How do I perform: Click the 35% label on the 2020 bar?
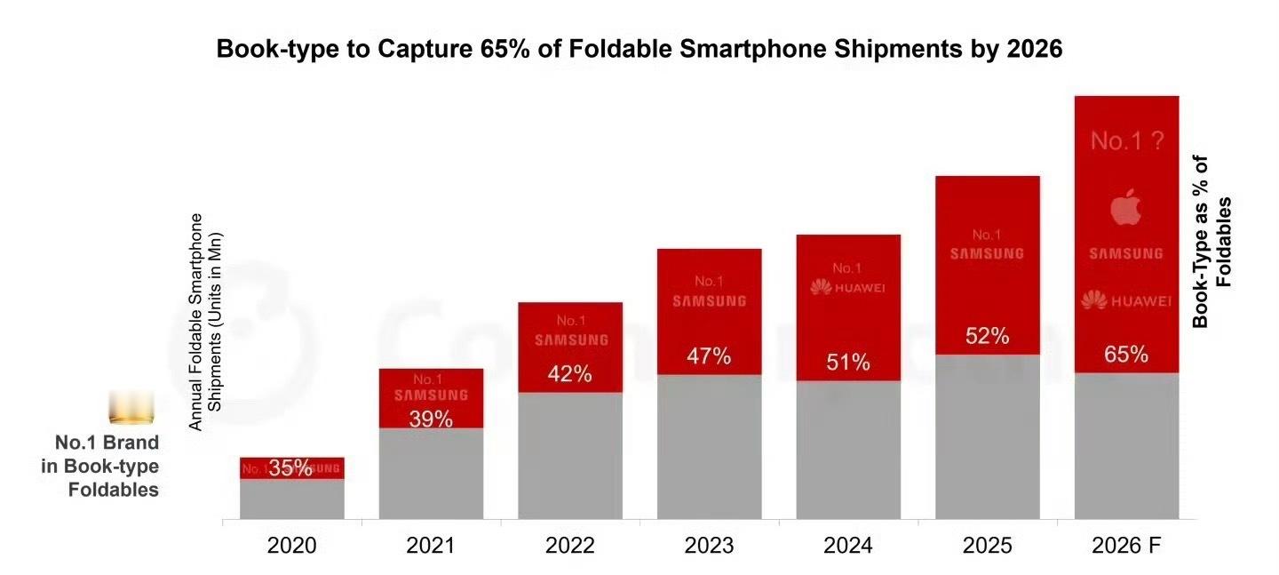point(290,468)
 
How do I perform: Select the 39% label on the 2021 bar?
point(431,419)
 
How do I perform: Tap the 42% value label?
point(569,374)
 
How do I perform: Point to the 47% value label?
point(709,356)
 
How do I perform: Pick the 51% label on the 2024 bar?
point(848,363)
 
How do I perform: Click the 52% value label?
point(987,337)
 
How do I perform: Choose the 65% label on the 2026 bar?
point(1126,355)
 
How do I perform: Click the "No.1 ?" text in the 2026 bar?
point(1126,140)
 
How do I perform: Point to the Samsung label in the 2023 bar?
point(709,301)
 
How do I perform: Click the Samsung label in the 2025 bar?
point(987,253)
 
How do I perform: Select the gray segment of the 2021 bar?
point(431,474)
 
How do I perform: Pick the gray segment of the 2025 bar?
point(987,436)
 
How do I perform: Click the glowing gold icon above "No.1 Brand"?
point(131,410)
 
